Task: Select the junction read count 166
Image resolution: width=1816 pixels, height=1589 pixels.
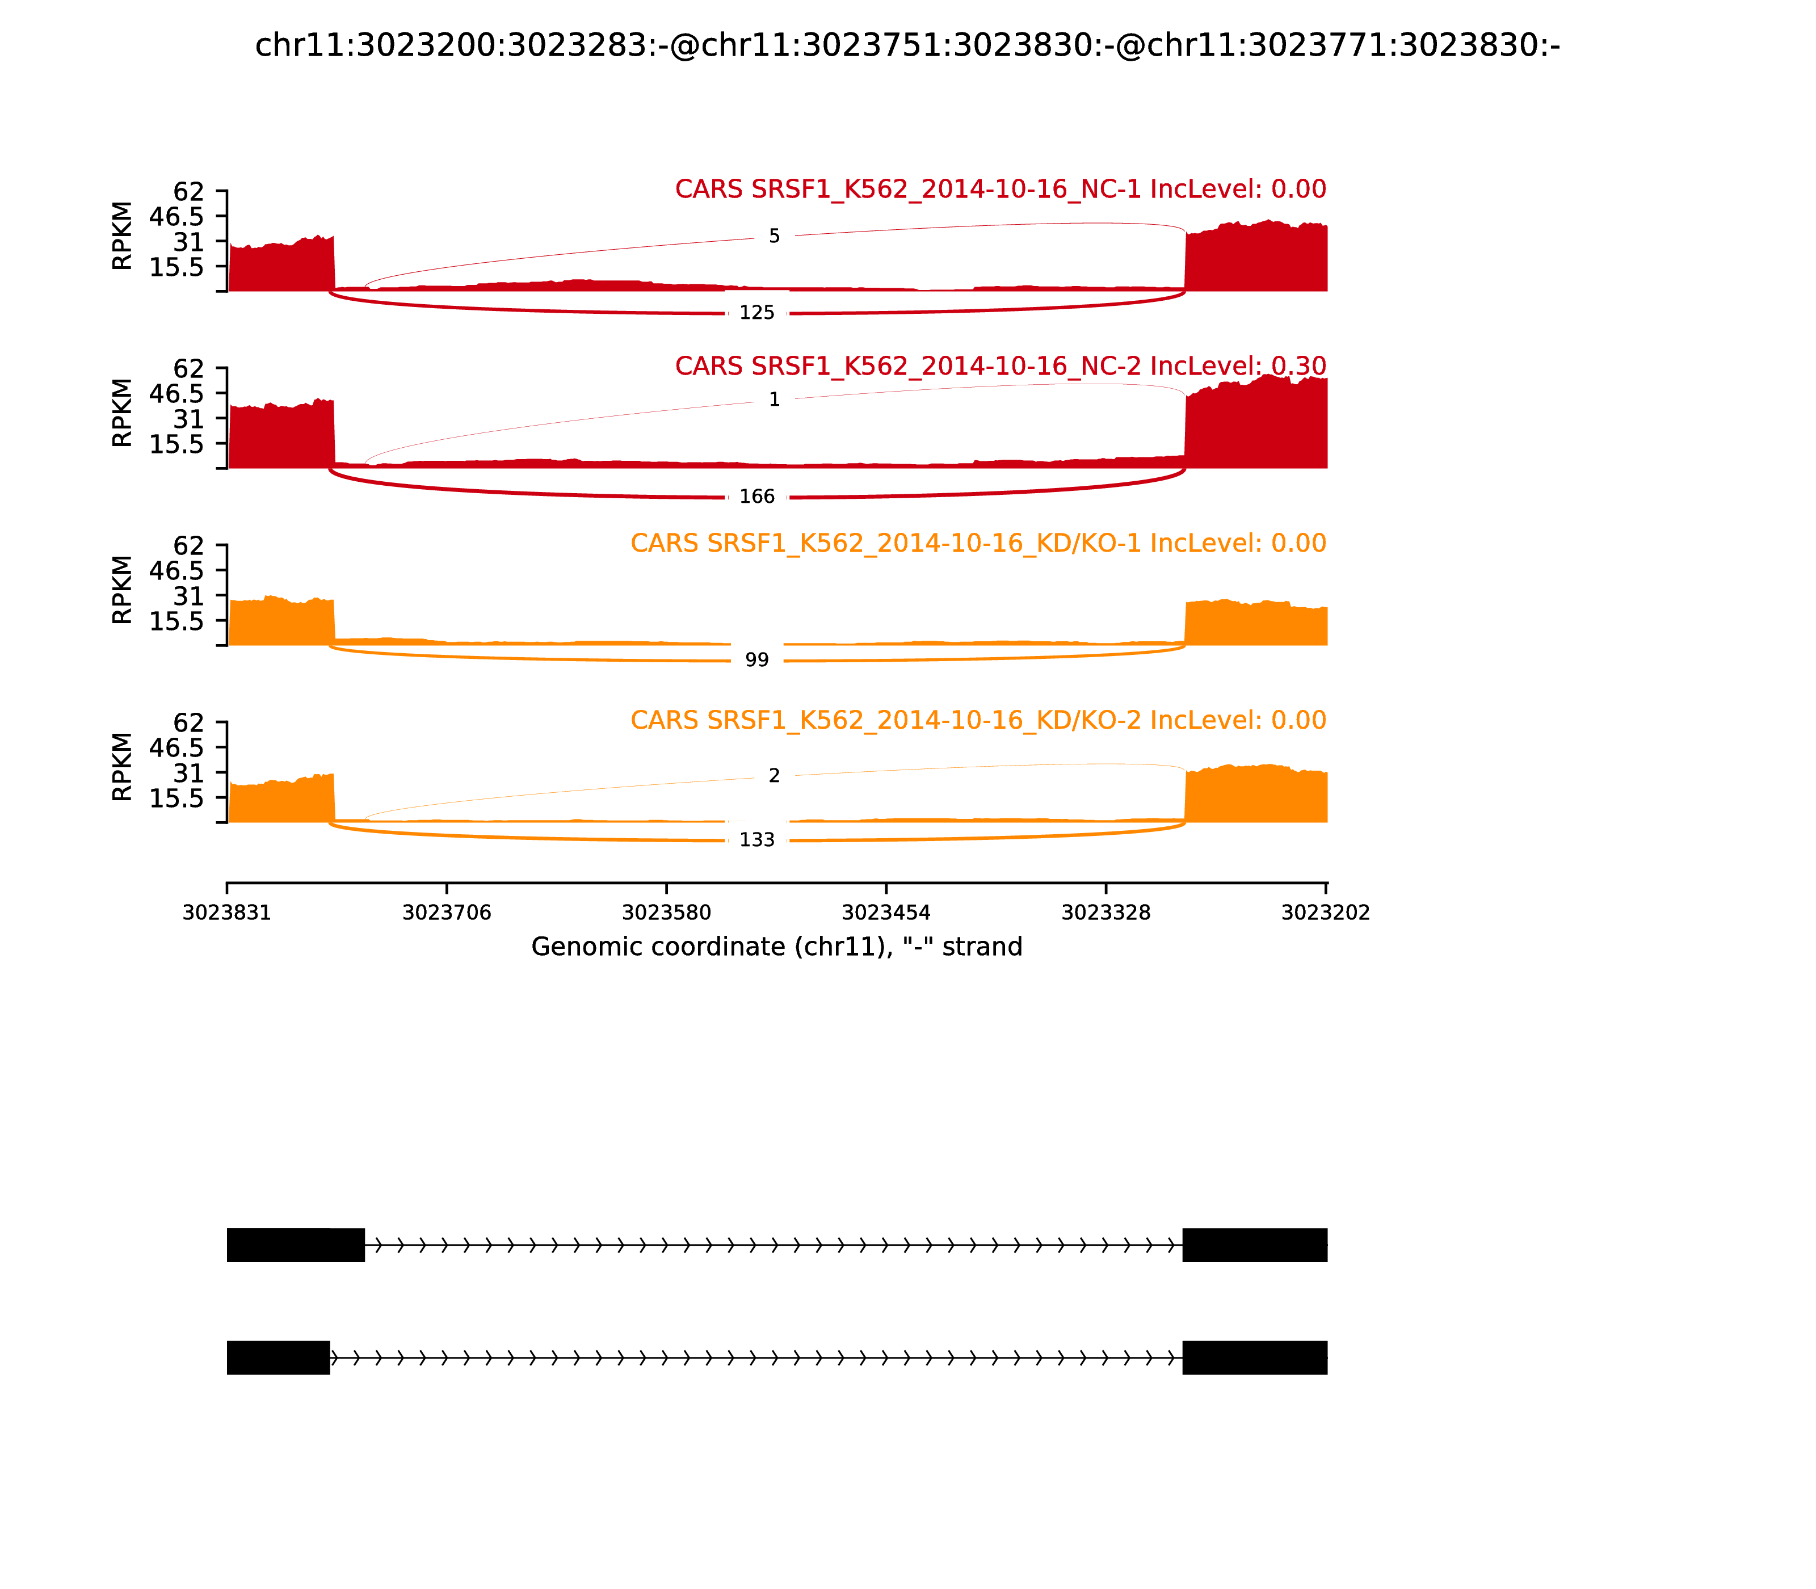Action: [x=756, y=497]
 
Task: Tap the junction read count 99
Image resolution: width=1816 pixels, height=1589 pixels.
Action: [x=756, y=659]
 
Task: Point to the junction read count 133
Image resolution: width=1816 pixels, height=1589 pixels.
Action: [x=756, y=840]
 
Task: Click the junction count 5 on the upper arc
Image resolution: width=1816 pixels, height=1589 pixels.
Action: [x=774, y=237]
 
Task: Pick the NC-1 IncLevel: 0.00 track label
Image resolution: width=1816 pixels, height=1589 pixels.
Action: [x=1000, y=190]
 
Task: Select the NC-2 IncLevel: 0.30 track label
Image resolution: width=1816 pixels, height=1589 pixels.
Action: [x=1000, y=366]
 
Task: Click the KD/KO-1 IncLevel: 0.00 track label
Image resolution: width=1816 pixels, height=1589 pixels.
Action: [x=978, y=544]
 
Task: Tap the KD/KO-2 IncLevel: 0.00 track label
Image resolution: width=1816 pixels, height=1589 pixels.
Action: [x=978, y=720]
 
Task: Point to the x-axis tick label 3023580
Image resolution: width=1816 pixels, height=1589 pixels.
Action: [x=666, y=913]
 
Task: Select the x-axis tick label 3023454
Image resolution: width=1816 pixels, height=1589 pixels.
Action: [x=886, y=913]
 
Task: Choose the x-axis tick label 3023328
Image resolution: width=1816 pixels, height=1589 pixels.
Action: [x=1105, y=913]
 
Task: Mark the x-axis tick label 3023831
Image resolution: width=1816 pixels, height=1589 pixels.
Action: [x=227, y=913]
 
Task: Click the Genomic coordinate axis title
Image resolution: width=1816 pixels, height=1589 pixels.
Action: [x=777, y=947]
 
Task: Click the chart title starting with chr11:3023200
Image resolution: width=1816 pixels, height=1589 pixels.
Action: [x=907, y=45]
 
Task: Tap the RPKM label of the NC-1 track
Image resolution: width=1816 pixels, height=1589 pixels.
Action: [x=123, y=236]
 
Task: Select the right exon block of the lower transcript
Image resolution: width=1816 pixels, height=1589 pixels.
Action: [x=1255, y=1357]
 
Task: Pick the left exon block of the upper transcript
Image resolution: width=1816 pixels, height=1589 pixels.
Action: [x=295, y=1245]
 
